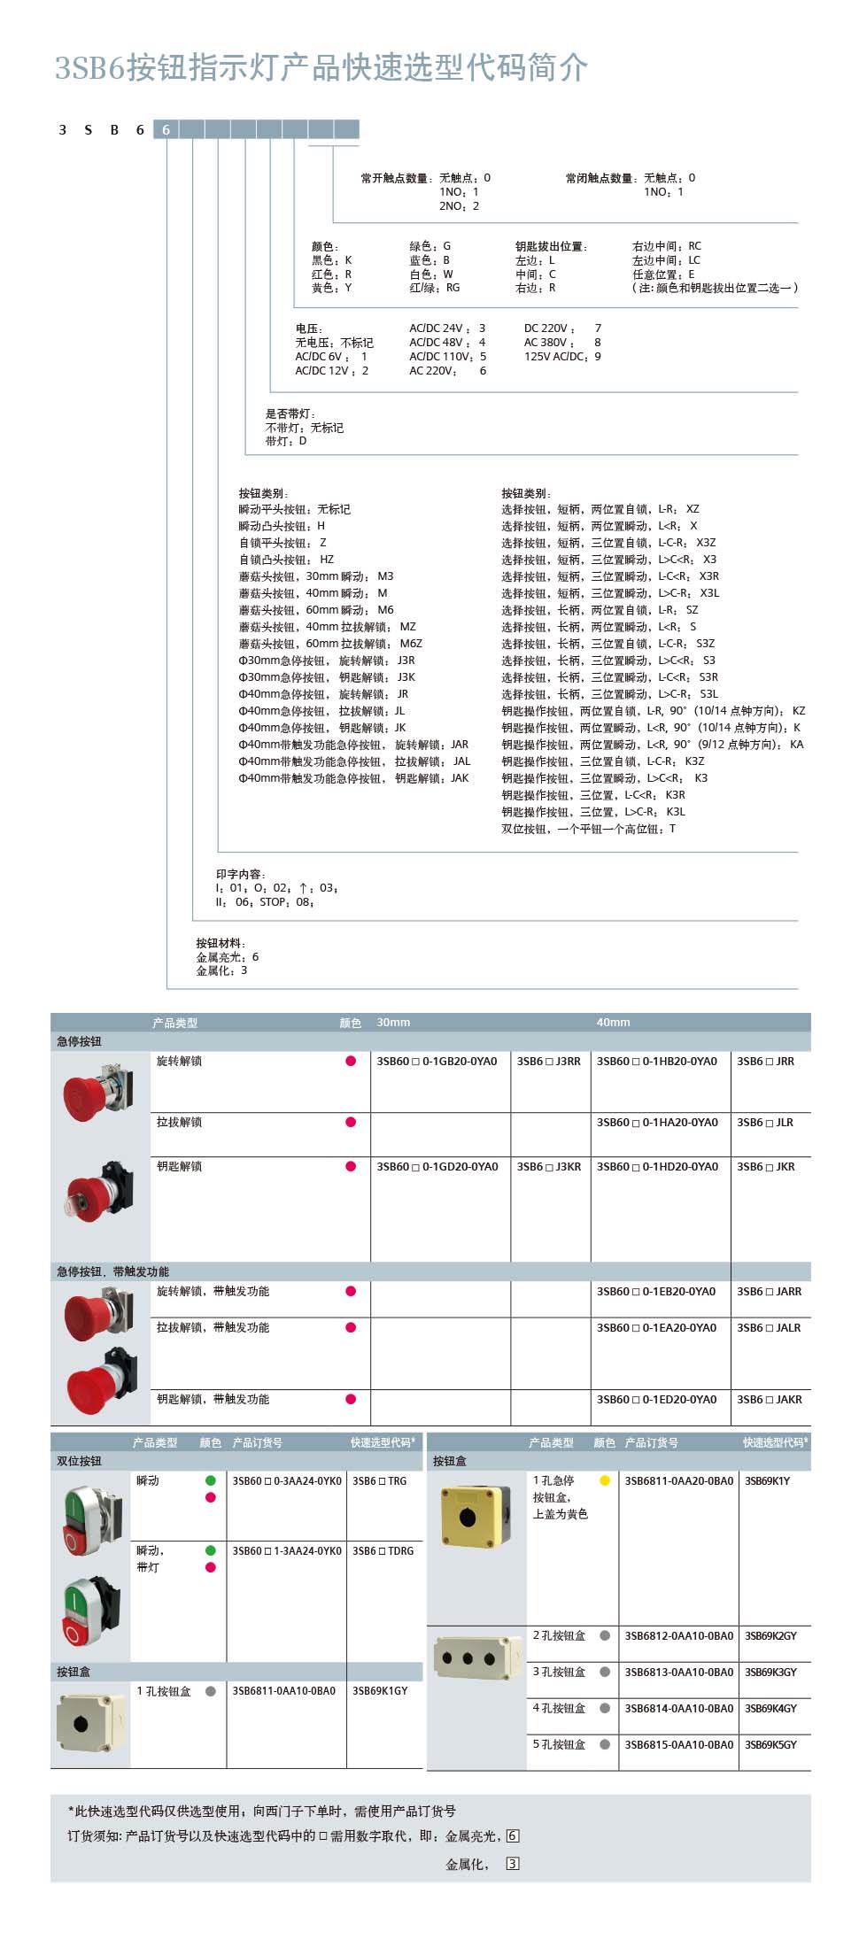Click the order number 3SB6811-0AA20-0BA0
pyautogui.click(x=678, y=1480)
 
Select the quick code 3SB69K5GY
pyautogui.click(x=770, y=1744)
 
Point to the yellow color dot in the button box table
pyautogui.click(x=605, y=1480)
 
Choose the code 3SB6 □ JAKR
pyautogui.click(x=769, y=1400)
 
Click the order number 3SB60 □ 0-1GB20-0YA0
pyautogui.click(x=437, y=1061)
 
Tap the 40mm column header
pyautogui.click(x=613, y=1023)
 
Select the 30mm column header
pyautogui.click(x=393, y=1023)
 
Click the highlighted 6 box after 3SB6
pyautogui.click(x=166, y=129)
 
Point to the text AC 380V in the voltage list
pyautogui.click(x=549, y=343)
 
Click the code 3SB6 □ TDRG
pyautogui.click(x=383, y=1550)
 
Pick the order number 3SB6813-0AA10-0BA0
pyautogui.click(x=678, y=1672)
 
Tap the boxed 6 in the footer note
pyautogui.click(x=513, y=1835)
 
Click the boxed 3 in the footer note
pyautogui.click(x=513, y=1864)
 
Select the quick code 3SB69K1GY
pyautogui.click(x=380, y=1690)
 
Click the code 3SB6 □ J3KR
pyautogui.click(x=549, y=1167)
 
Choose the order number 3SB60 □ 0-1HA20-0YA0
pyautogui.click(x=657, y=1122)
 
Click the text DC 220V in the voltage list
pyautogui.click(x=549, y=328)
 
